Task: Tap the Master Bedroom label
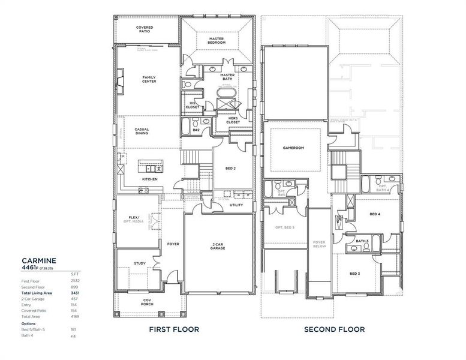pos(217,40)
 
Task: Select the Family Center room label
pos(149,79)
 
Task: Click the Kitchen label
pos(149,179)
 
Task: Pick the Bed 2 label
pos(230,169)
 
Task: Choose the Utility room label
pos(236,205)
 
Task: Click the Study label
pos(140,263)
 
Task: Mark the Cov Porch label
pos(147,302)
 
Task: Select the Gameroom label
pos(295,147)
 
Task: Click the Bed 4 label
pos(375,214)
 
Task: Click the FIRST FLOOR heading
pos(174,329)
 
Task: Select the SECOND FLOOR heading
pos(334,329)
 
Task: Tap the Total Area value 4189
pos(75,316)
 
